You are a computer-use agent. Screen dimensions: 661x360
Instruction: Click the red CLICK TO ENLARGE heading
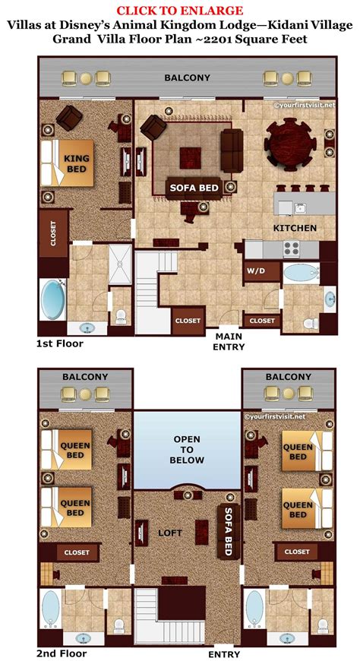point(179,10)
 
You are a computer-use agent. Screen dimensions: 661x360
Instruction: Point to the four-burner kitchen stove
point(293,247)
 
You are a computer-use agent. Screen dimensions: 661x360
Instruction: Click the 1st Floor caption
point(60,343)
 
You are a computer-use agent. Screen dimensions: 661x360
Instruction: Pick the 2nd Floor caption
point(62,653)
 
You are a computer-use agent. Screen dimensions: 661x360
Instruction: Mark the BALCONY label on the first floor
point(186,77)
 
